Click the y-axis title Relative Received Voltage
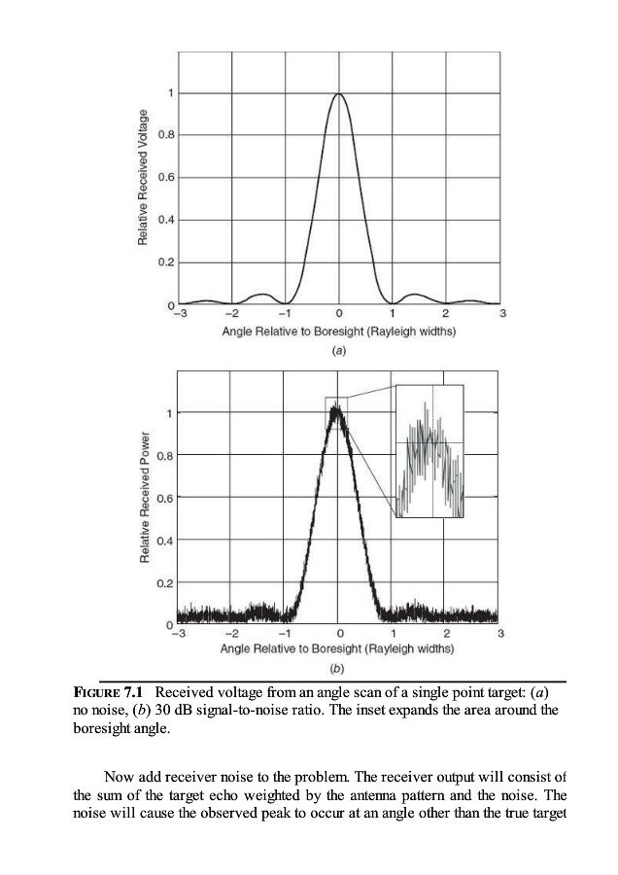[144, 178]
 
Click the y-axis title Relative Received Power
[144, 496]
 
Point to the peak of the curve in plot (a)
[339, 94]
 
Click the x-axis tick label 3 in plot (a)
[501, 314]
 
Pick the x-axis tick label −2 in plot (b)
[230, 634]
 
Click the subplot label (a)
[339, 347]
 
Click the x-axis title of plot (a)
[339, 331]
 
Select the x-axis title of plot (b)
[338, 647]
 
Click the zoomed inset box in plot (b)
[429, 451]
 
